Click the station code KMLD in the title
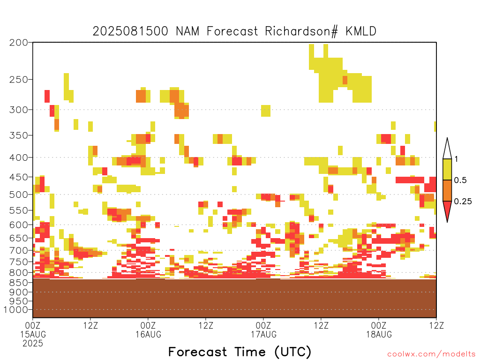361,31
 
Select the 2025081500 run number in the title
130,31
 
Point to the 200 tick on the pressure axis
19,43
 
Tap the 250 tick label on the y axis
19,80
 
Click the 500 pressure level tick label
19,195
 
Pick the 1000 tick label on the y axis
16,310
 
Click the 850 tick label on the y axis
19,282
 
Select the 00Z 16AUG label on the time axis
148,330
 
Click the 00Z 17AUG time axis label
263,330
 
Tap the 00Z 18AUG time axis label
379,330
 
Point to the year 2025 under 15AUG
33,343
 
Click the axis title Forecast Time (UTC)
240,352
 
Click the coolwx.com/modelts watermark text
432,354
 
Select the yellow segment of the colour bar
447,169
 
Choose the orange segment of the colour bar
447,190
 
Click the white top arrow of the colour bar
447,149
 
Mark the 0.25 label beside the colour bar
463,201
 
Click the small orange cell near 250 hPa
345,80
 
